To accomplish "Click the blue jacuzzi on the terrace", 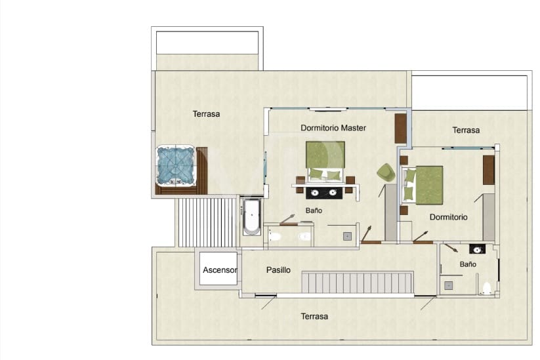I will pos(176,165).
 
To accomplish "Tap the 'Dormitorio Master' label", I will pos(333,128).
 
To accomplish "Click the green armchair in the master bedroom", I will pos(386,172).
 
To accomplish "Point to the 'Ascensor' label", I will pos(219,270).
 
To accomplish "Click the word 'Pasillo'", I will pos(278,270).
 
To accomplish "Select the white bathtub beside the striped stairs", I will pos(252,216).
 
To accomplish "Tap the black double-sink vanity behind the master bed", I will pos(324,193).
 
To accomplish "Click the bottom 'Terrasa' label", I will pos(314,316).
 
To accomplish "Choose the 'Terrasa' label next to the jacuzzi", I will pos(206,113).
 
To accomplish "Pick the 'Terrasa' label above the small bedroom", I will pos(466,130).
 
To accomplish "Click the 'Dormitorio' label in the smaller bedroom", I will pos(449,216).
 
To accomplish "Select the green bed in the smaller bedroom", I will pos(426,184).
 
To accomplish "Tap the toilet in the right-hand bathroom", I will pos(486,287).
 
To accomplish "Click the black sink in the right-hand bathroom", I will pos(478,249).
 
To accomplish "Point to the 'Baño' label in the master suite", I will pos(314,210).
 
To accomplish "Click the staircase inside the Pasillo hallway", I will pos(357,283).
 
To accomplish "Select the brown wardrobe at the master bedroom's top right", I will pos(400,128).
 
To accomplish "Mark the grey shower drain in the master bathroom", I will pos(347,236).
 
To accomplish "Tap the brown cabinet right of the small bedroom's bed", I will pos(488,170).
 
